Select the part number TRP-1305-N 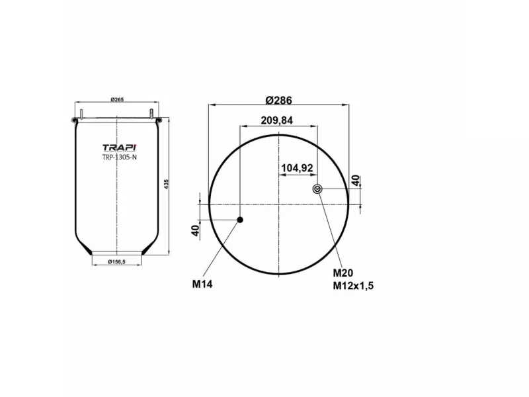[118, 157]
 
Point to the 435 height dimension [167, 183]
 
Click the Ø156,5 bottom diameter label [116, 263]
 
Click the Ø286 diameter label [278, 101]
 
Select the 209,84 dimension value [277, 120]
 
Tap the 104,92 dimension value [297, 167]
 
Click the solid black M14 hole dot [241, 220]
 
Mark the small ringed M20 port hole [317, 190]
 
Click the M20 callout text [343, 273]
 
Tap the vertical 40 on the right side [356, 181]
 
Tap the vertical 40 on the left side [195, 231]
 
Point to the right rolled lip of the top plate [158, 120]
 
